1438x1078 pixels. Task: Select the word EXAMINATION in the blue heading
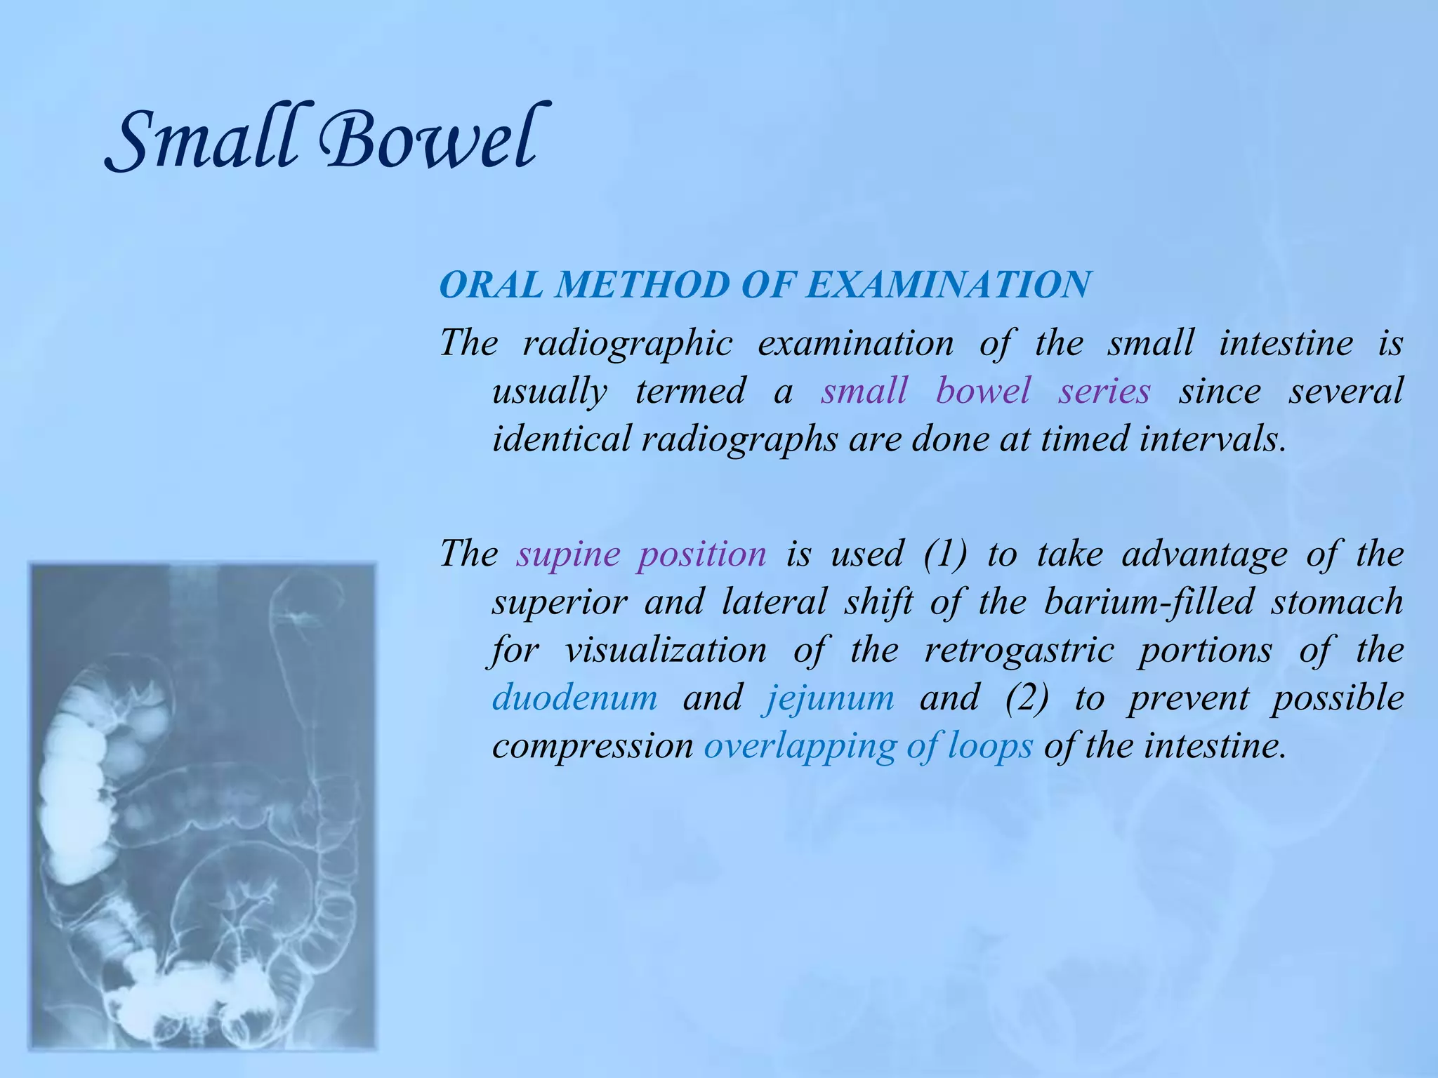(x=949, y=285)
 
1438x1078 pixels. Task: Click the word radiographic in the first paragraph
(x=627, y=344)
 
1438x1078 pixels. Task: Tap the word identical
(x=561, y=439)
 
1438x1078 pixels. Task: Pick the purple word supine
(x=568, y=554)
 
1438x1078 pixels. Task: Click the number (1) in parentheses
(x=945, y=554)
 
